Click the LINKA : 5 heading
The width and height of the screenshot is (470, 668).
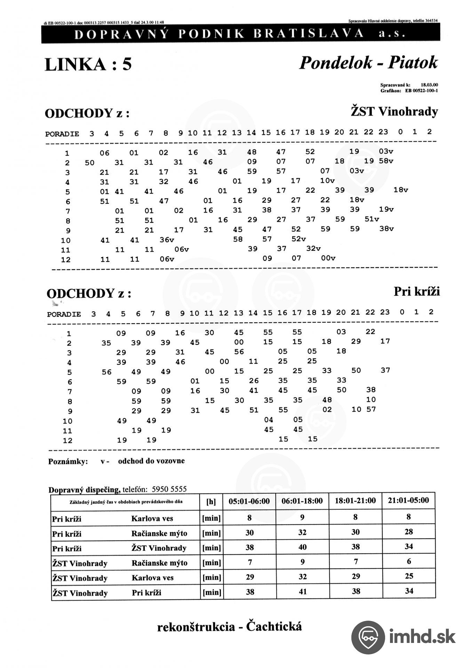[x=88, y=64]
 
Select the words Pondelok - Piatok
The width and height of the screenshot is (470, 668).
[x=368, y=63]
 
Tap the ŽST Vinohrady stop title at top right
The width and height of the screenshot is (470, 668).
[x=394, y=112]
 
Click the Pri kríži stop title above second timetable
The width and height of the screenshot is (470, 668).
[x=416, y=292]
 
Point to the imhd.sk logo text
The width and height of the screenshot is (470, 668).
[x=422, y=637]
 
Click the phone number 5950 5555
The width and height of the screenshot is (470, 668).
[x=169, y=489]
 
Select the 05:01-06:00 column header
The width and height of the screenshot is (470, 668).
[x=249, y=501]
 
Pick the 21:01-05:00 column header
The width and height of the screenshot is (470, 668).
[x=408, y=500]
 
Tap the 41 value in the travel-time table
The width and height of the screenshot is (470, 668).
[x=303, y=591]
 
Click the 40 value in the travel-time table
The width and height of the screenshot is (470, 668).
[x=303, y=547]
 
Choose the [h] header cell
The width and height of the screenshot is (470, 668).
[x=211, y=502]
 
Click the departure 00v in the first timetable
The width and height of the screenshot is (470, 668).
[x=328, y=258]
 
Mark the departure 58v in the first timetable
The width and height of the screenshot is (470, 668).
[x=386, y=161]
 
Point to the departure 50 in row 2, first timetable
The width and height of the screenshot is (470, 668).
[x=89, y=162]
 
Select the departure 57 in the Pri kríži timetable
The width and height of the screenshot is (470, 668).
[x=371, y=409]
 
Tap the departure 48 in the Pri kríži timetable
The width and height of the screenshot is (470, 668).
[x=327, y=400]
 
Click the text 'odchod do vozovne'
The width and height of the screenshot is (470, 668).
[x=151, y=461]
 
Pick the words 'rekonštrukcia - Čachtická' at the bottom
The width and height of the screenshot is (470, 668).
[x=229, y=627]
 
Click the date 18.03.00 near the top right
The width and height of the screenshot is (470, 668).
[x=429, y=85]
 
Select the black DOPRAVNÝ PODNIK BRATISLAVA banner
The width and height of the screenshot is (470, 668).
[x=240, y=34]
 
